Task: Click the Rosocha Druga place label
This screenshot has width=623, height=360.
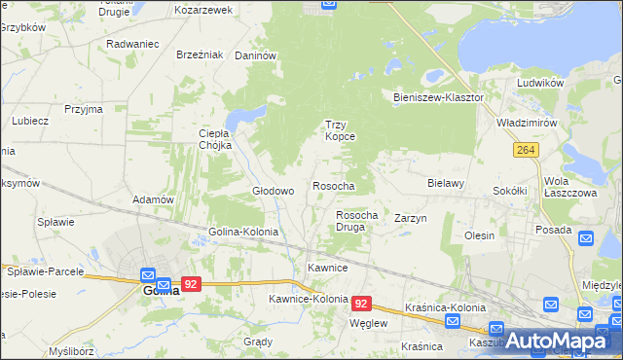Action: pos(356,220)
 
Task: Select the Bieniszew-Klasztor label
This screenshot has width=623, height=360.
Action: pos(438,98)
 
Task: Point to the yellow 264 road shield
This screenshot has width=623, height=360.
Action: pos(527,149)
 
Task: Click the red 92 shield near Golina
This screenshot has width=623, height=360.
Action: pos(191,284)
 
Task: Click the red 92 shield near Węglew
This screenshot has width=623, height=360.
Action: pos(361,304)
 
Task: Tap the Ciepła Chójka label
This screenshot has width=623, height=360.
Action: pos(214,139)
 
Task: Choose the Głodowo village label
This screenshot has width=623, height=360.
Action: pos(274,191)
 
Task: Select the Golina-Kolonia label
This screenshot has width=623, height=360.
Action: pos(243,233)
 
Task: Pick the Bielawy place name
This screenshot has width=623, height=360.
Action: pos(446,182)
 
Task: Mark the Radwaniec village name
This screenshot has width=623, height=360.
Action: pos(132,44)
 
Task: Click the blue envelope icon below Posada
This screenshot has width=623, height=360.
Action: pos(586,238)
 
